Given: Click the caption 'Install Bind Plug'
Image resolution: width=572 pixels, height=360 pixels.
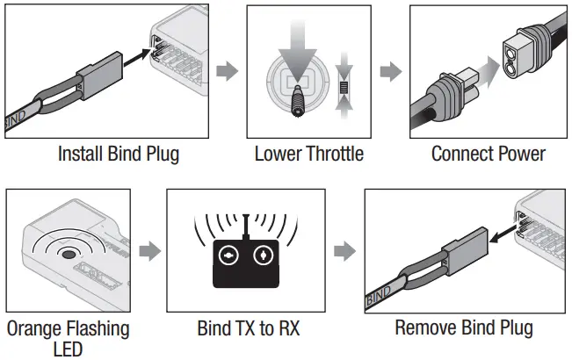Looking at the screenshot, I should coord(118,155).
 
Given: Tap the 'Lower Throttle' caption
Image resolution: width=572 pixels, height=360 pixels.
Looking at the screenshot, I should coord(308,155).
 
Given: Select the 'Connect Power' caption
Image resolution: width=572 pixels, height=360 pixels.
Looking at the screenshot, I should coord(488,155).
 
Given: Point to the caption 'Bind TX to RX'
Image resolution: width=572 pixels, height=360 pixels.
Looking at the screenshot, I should coord(250,329).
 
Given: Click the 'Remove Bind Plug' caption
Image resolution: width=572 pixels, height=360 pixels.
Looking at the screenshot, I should coord(463,329).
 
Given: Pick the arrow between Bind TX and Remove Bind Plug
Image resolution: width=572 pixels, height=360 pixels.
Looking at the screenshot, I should coord(345,252).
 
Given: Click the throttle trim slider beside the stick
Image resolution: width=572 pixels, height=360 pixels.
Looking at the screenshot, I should coord(344,88).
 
